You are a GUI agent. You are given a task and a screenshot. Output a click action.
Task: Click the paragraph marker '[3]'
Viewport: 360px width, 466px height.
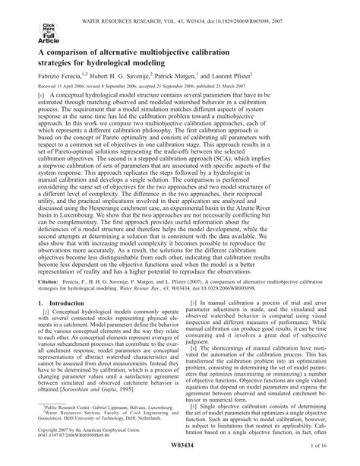pyautogui.click(x=200, y=322)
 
